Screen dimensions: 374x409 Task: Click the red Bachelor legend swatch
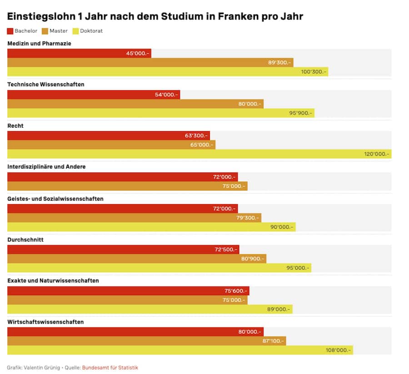10,31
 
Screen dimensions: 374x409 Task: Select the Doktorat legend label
91,31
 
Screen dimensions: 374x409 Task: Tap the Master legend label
59,31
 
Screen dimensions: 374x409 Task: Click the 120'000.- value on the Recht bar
376,154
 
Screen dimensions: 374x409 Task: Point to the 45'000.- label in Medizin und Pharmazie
138,53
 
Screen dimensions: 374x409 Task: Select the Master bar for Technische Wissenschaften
135,104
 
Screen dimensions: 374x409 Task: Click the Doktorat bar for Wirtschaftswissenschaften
180,350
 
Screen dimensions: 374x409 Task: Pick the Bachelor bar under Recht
109,135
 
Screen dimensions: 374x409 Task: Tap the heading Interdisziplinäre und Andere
46,167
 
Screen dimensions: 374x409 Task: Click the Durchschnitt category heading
25,240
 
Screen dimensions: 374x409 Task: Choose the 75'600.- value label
236,291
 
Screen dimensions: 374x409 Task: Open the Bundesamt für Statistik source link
110,368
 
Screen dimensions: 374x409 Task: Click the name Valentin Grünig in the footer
41,368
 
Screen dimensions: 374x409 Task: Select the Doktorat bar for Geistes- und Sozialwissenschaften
151,227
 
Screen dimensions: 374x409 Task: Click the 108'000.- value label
339,350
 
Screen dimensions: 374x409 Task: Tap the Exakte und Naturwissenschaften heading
53,281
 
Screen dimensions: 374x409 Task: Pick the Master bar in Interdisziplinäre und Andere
127,186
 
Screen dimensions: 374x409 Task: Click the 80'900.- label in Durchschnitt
252,259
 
